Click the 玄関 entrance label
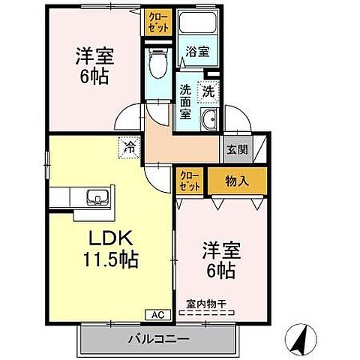[233, 148]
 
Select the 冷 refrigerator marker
[130, 148]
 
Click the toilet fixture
[157, 65]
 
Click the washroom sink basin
[210, 118]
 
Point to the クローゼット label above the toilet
[158, 21]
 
